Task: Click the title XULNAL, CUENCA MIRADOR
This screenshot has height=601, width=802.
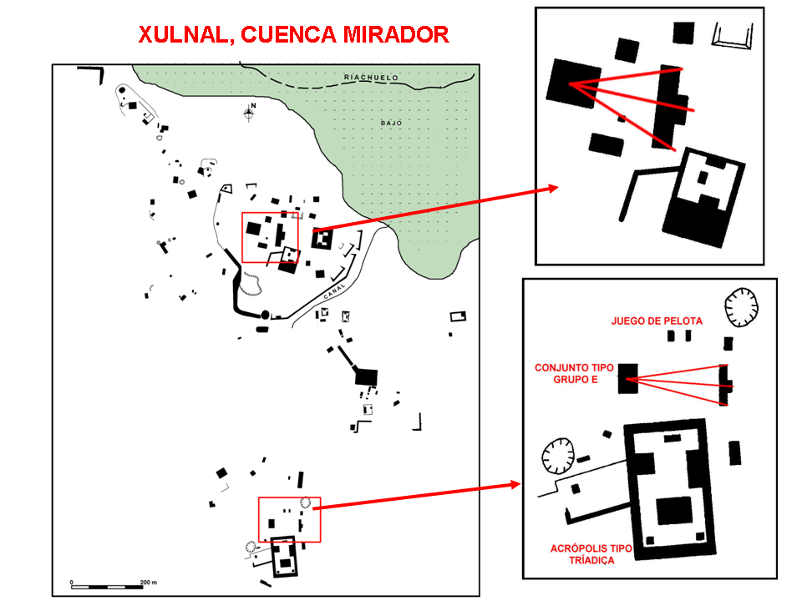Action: coord(294,35)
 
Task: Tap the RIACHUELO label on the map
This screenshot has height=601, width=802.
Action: coord(372,78)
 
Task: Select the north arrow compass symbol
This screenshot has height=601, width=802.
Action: coord(249,112)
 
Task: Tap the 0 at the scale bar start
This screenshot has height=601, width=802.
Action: coord(72,582)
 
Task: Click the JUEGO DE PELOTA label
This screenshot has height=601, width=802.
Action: coord(657,321)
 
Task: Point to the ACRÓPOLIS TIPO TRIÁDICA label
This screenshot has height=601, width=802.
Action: coord(591,554)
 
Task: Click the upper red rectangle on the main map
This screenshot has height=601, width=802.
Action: coord(270,237)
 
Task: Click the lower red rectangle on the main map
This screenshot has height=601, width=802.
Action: coord(289,518)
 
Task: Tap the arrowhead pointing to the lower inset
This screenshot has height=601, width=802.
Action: coord(516,484)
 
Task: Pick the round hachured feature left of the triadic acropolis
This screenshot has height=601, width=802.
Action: coord(557,456)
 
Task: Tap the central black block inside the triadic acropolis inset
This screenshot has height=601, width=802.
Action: coord(673,511)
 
